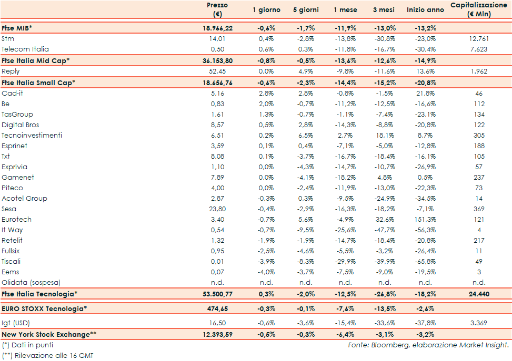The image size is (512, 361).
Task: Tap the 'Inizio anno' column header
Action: (425, 10)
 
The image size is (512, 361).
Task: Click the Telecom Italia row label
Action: (25, 49)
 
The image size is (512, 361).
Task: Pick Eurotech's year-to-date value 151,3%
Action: (425, 219)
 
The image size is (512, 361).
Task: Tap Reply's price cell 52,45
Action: (217, 71)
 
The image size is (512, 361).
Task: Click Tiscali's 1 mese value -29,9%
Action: (345, 261)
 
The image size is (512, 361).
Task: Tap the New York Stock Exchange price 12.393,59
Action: (217, 334)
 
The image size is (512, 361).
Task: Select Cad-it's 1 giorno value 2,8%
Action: (266, 93)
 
